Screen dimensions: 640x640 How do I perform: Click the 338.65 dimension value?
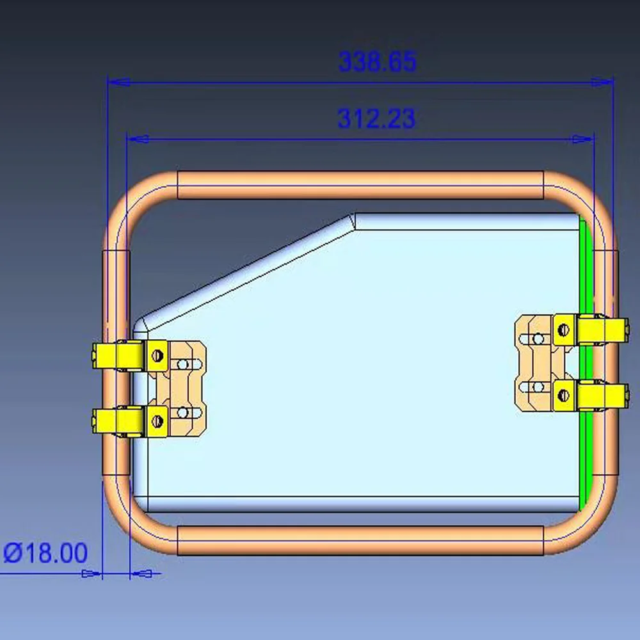click(x=377, y=62)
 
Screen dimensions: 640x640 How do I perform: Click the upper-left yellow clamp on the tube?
click(x=118, y=356)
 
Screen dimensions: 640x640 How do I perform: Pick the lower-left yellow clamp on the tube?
click(x=118, y=420)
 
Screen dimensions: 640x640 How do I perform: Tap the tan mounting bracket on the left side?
click(x=187, y=389)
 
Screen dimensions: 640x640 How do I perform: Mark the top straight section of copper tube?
click(x=360, y=185)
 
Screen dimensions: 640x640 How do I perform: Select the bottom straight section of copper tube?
click(x=360, y=541)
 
